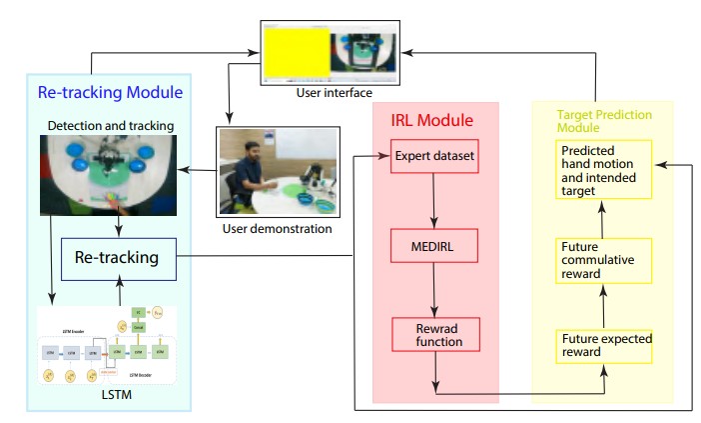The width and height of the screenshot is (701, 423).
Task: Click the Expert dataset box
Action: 434,157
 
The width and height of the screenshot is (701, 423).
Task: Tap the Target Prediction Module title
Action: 598,121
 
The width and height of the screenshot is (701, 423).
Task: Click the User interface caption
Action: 330,93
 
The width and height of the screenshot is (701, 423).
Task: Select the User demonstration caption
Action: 275,229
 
